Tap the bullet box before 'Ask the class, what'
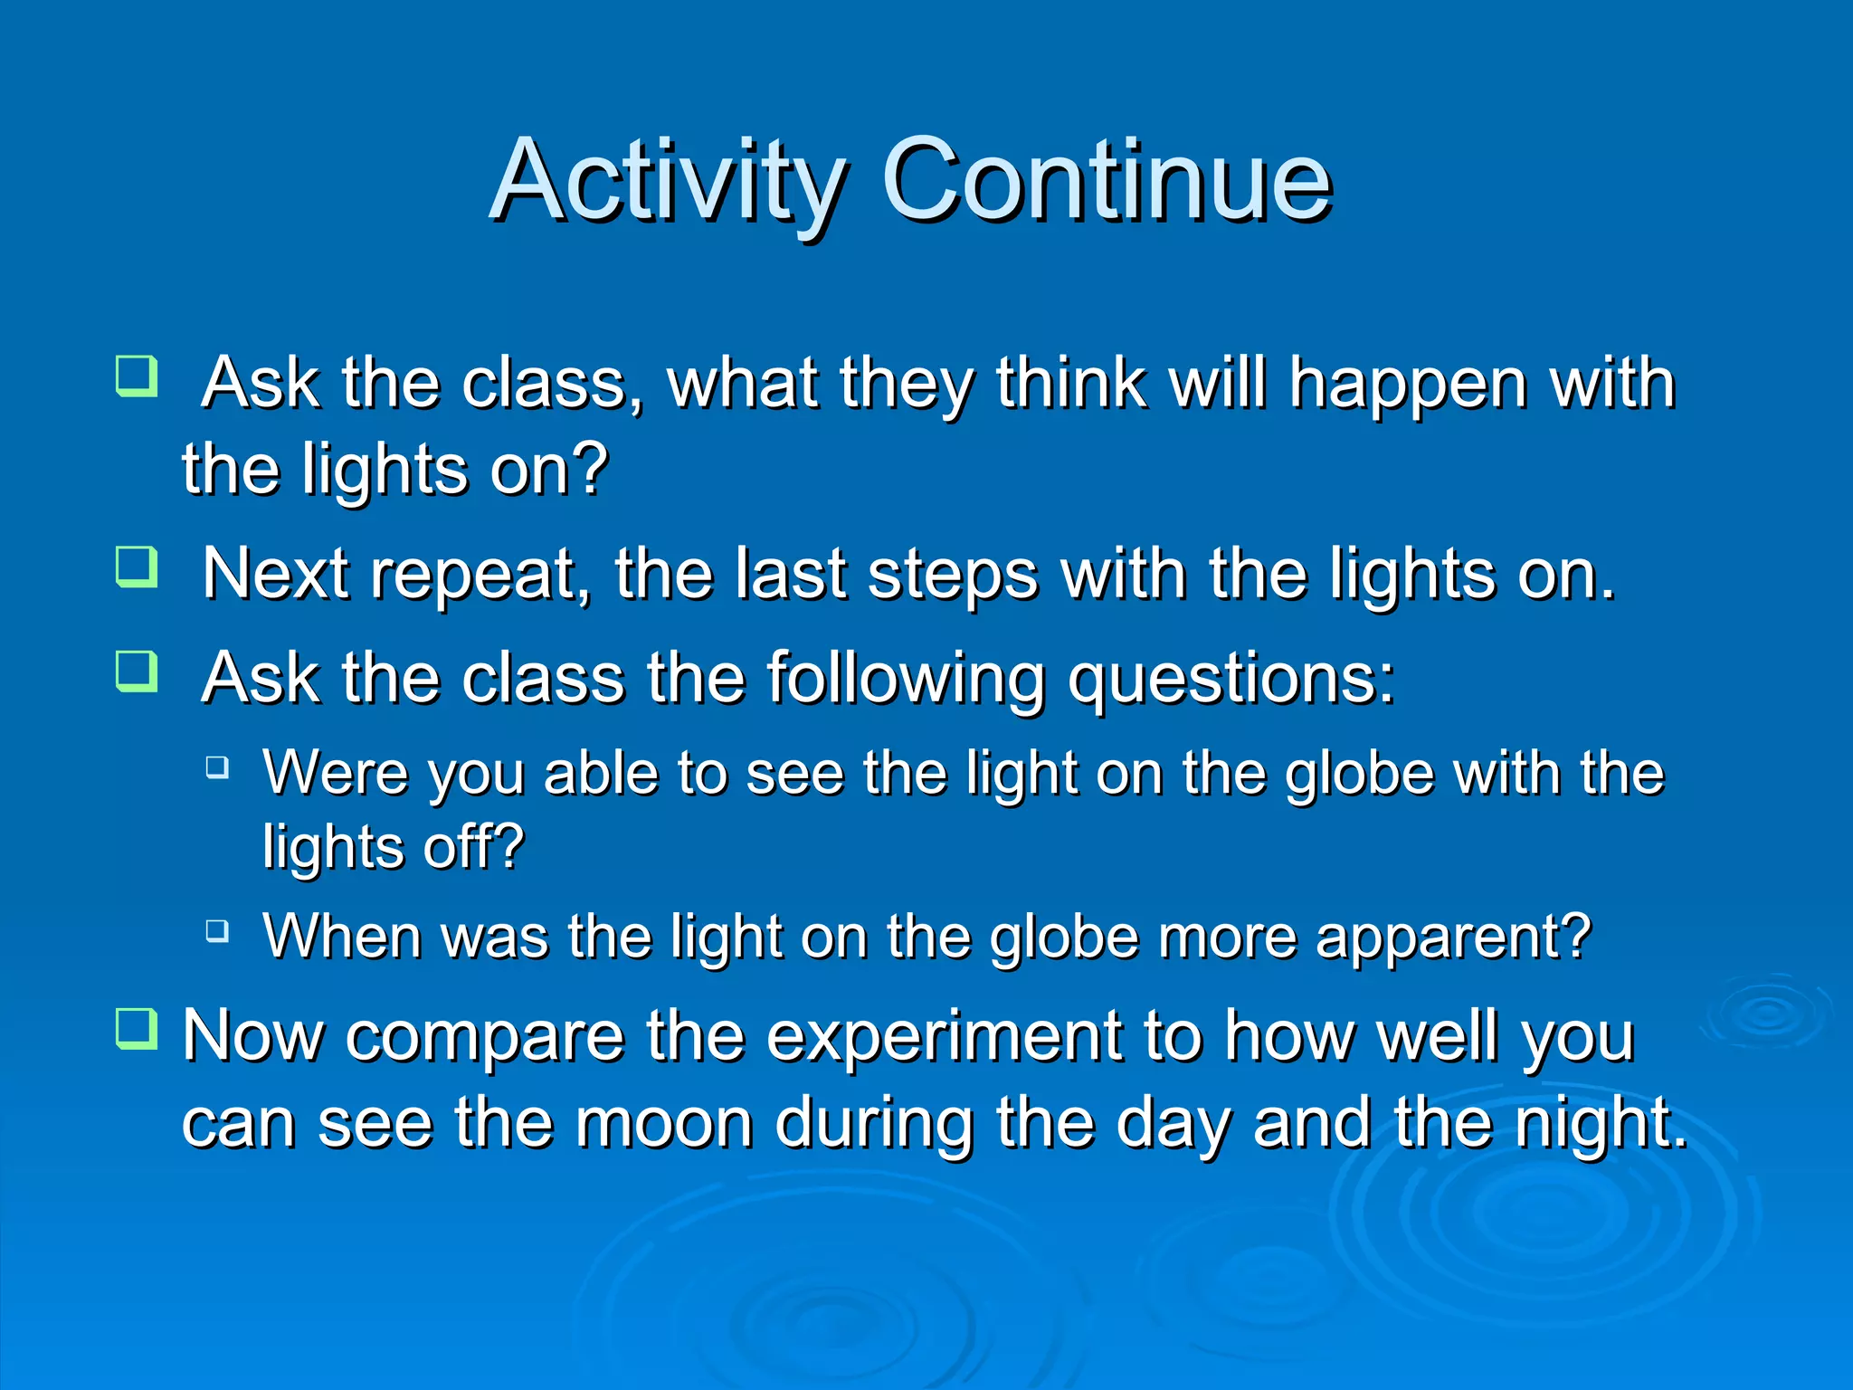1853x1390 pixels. click(x=138, y=376)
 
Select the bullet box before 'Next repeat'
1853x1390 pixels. click(x=138, y=567)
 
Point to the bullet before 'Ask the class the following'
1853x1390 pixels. click(x=138, y=671)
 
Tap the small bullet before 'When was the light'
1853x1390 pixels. click(x=217, y=930)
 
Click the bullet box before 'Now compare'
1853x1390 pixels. click(x=138, y=1029)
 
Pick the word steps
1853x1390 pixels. click(x=953, y=576)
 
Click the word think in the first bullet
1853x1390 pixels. click(x=1071, y=385)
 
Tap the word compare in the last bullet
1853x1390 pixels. click(x=484, y=1039)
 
